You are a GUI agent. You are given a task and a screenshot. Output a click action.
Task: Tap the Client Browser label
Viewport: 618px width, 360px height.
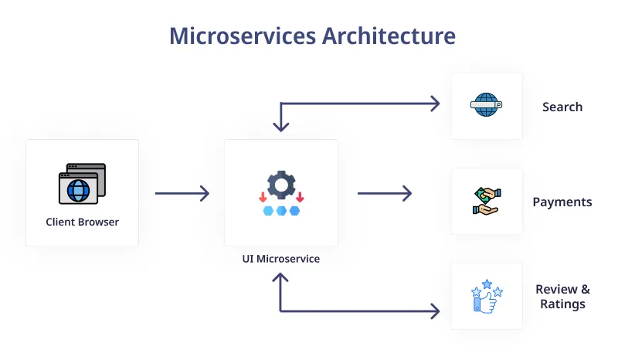tap(82, 222)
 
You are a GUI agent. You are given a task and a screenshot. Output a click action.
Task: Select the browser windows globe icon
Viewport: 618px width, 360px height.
tap(81, 184)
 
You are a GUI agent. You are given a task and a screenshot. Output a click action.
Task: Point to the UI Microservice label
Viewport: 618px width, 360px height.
tap(280, 259)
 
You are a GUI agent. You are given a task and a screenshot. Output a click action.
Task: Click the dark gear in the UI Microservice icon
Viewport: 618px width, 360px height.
tap(281, 185)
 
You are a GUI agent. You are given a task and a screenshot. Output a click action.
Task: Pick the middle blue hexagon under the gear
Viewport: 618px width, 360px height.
tap(281, 210)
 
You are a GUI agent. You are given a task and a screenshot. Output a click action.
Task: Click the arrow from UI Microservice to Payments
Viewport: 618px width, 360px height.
tap(384, 193)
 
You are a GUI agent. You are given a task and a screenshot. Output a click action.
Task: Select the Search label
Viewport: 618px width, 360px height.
tap(562, 107)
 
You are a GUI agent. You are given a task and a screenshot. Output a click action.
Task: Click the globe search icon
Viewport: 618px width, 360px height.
tap(487, 105)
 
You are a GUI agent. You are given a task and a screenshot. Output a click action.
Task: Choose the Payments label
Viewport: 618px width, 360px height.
tap(562, 202)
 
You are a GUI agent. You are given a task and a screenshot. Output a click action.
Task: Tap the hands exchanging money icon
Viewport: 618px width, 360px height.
tap(487, 201)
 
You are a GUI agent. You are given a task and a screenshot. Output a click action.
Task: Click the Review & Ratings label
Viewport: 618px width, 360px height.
tap(562, 296)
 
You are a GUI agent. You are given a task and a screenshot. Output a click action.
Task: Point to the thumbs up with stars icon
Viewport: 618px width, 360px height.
tap(487, 297)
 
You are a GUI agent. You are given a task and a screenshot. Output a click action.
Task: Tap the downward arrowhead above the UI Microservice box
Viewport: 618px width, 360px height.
tap(280, 126)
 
